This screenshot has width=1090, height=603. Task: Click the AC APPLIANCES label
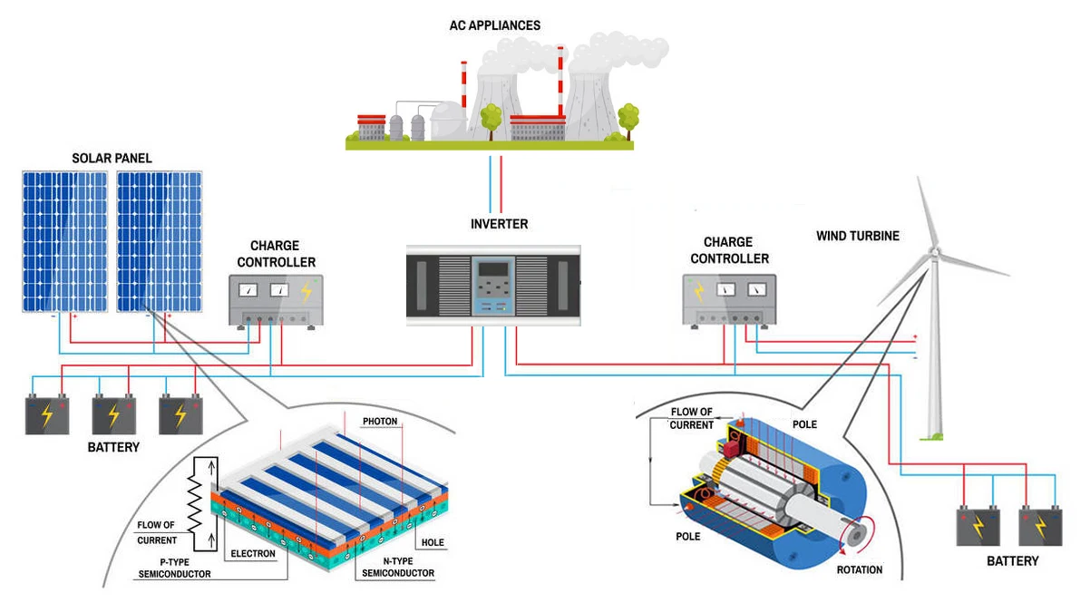(x=495, y=25)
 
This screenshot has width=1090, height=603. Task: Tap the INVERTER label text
(x=499, y=224)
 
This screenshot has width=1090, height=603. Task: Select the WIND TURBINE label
(x=857, y=236)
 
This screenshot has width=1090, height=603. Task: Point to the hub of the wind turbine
(x=935, y=251)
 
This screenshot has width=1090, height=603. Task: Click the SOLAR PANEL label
(x=112, y=159)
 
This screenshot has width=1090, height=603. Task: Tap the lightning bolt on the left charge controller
(x=307, y=290)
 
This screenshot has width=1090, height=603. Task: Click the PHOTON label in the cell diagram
(x=380, y=422)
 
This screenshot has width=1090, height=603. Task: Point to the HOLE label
(x=430, y=543)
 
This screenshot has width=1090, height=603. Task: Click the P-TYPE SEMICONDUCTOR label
(x=172, y=569)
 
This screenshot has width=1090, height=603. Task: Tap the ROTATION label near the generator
(x=859, y=570)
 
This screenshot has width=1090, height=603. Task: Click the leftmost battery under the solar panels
(x=47, y=414)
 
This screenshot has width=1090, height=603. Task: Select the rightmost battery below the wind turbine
(x=1039, y=525)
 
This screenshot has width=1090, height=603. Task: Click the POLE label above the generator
(x=804, y=424)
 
